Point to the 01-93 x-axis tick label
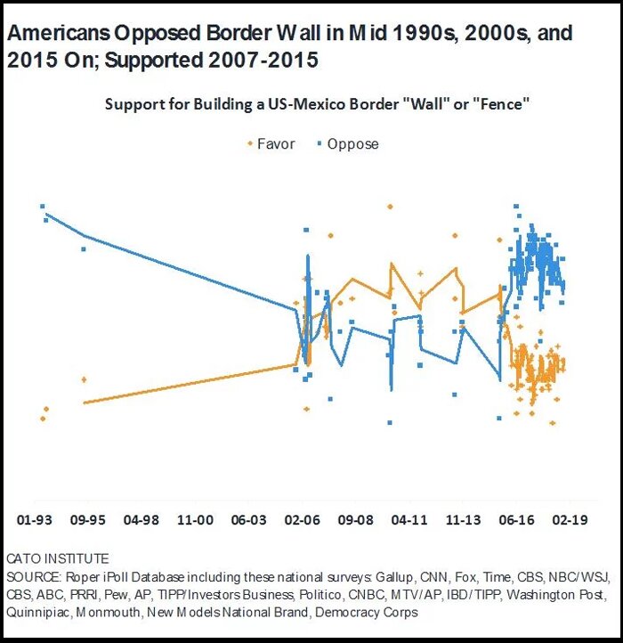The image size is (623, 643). point(36,517)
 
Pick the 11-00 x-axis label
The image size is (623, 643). point(196,517)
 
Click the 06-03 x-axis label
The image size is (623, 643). point(249,517)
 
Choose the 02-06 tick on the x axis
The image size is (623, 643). point(303,517)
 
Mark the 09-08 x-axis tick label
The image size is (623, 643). point(356,517)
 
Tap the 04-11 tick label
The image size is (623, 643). point(409,517)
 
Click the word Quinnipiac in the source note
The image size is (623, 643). point(36,614)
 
